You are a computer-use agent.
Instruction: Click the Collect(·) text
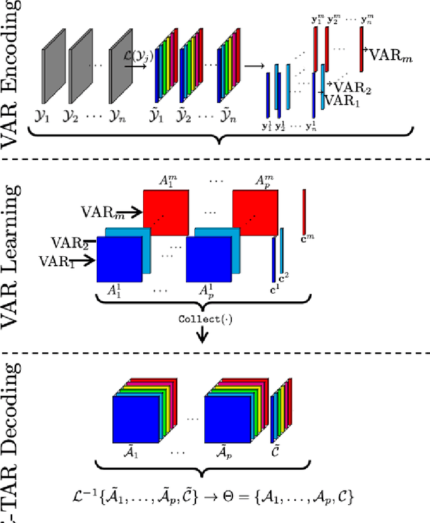[201, 319]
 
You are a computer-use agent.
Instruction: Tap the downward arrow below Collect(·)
[201, 335]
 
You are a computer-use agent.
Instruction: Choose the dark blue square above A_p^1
[209, 259]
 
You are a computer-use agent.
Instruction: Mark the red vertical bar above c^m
[304, 210]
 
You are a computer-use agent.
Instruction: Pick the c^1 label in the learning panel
[273, 290]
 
